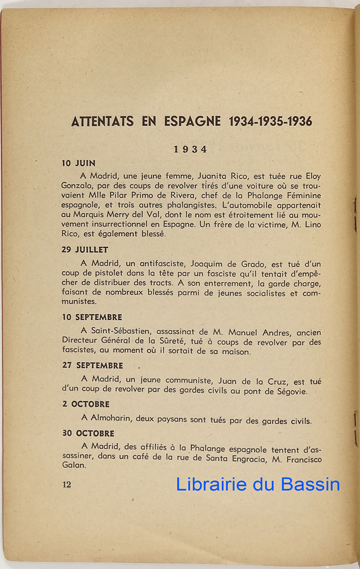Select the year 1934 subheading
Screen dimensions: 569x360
[190, 149]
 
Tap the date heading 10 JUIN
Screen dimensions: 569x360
[79, 164]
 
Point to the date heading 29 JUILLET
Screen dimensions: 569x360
[85, 249]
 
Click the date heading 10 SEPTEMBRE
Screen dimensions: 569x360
[92, 317]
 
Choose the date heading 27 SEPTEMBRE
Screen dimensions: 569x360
[92, 366]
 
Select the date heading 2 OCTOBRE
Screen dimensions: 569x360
[86, 404]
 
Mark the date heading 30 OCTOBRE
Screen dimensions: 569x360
[88, 433]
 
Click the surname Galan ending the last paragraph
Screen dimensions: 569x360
[73, 466]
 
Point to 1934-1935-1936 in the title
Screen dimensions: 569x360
[270, 122]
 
